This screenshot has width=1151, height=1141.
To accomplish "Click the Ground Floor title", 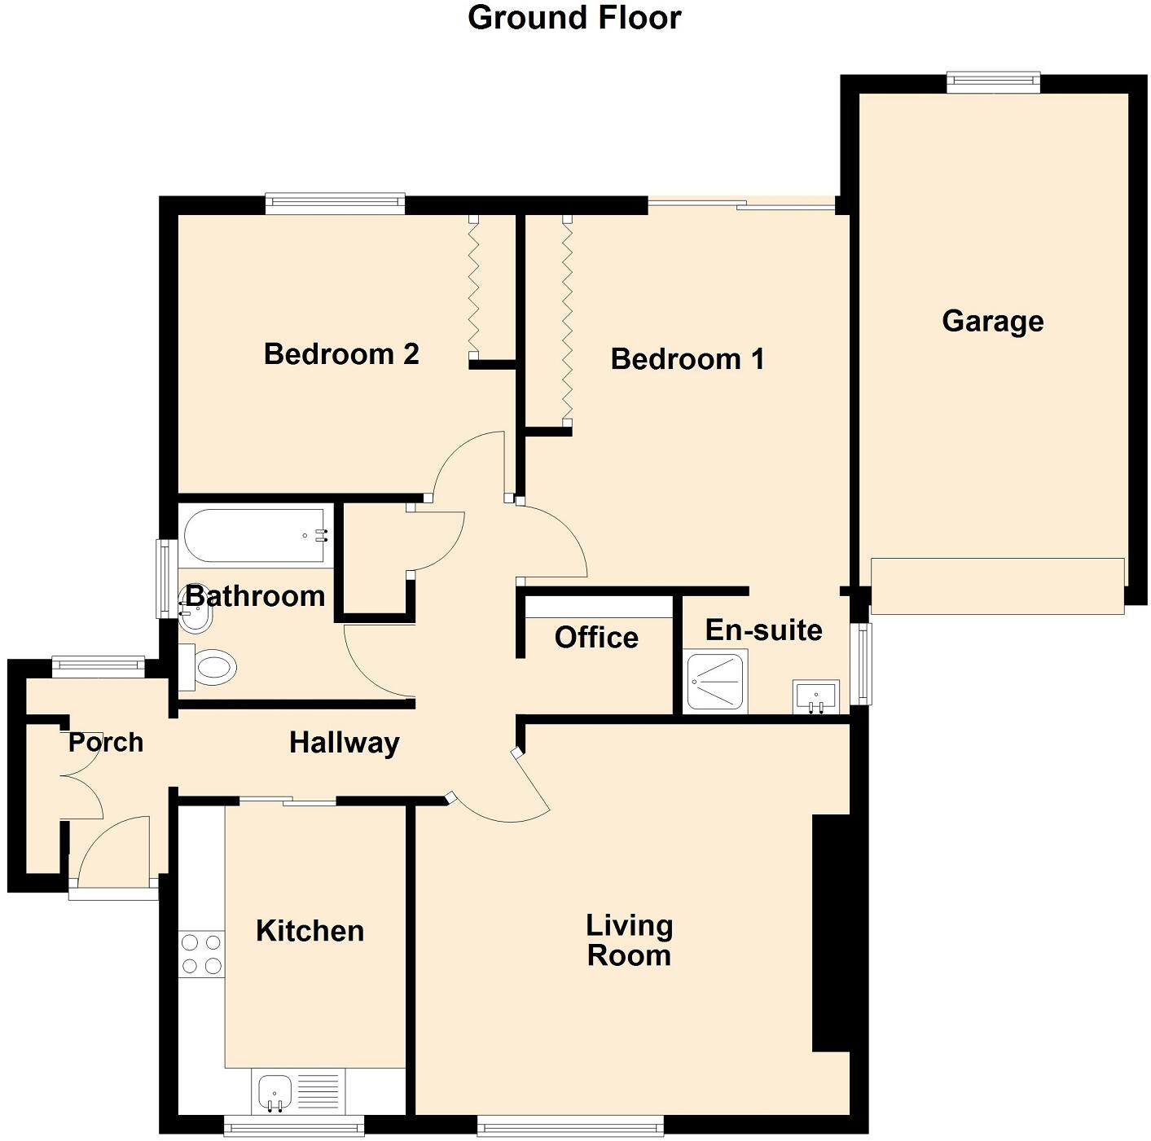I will (x=574, y=18).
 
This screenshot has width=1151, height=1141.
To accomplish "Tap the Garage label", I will (x=992, y=321).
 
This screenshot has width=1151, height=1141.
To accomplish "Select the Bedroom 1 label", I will (x=688, y=358).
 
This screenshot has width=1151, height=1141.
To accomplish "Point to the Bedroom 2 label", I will (x=341, y=354).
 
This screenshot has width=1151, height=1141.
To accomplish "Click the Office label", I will (x=596, y=637).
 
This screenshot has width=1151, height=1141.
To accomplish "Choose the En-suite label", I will (x=763, y=630).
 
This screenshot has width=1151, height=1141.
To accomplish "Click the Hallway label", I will (x=345, y=743).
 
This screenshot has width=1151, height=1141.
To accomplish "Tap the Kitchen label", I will (x=310, y=931).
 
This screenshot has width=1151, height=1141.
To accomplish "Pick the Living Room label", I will (x=630, y=940).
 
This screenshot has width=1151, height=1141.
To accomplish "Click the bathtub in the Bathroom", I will (x=255, y=536).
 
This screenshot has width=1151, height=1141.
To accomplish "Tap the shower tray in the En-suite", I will (x=715, y=680).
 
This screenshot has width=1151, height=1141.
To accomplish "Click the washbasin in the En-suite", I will (x=815, y=697).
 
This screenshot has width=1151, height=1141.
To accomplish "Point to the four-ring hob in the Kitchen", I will (x=201, y=954).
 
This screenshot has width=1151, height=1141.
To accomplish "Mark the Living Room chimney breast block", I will (x=831, y=933).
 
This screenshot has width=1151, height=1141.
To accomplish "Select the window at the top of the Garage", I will (x=993, y=80).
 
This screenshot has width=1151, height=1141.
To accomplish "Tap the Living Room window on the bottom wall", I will (x=570, y=1127).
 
